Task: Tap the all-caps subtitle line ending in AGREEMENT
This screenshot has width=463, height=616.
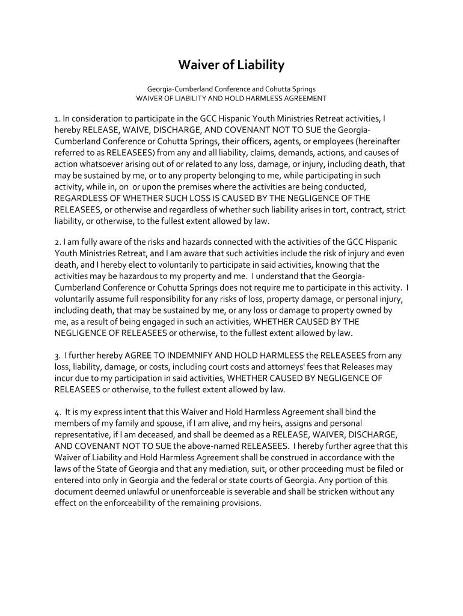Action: [x=231, y=98]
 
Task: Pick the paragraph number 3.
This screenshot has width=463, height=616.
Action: [x=57, y=356]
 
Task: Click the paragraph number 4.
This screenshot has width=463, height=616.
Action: [x=57, y=412]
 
